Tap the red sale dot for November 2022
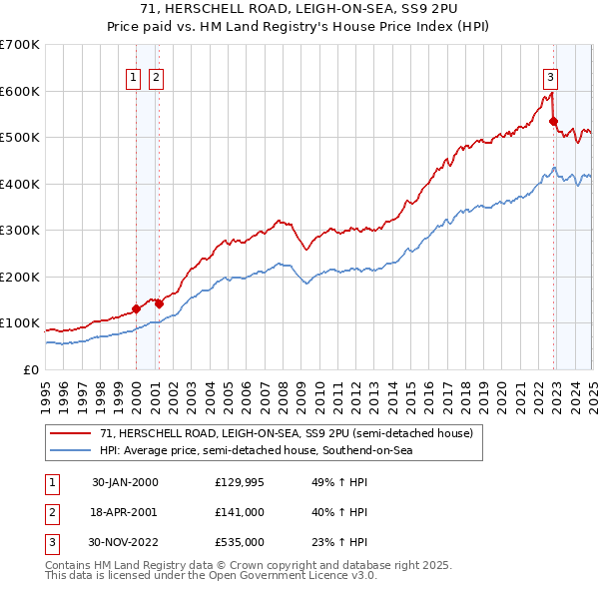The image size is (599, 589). point(554,122)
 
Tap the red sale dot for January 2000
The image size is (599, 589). point(137,308)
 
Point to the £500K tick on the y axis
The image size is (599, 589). point(20,137)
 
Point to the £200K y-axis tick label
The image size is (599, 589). point(20,277)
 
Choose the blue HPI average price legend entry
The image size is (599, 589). point(255,450)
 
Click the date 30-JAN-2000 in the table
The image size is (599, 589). point(125,482)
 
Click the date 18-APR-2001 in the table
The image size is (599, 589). point(125,512)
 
